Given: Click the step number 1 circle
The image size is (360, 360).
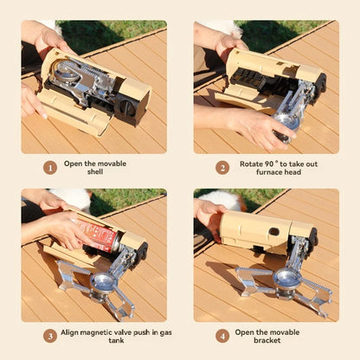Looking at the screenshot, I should point(50,167).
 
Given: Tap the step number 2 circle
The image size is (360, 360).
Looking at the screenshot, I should point(222,167).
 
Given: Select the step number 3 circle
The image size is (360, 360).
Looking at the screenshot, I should point(50,335).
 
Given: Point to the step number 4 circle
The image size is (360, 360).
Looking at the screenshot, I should point(222,335).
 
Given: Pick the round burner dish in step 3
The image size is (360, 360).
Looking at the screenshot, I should point(106,282).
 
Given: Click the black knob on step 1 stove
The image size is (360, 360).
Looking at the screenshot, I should point(128,107).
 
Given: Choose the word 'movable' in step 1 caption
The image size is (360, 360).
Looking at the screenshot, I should point(115,162).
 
